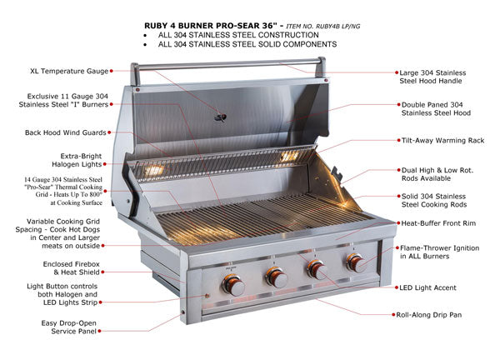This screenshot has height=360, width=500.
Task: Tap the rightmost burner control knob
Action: pos(356,264)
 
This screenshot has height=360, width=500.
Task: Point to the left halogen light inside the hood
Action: pos(153,170)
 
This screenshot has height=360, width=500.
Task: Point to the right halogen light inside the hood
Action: pos(289,157)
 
